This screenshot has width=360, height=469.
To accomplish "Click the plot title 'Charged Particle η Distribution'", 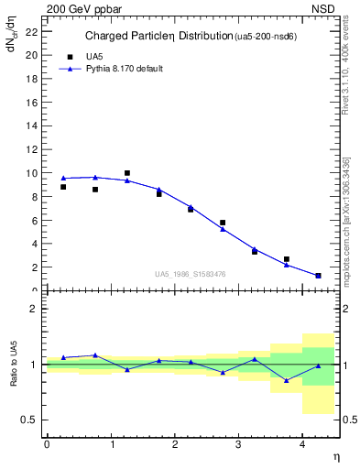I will click(x=158, y=37).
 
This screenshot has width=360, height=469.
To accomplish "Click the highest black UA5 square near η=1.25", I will click(x=127, y=173).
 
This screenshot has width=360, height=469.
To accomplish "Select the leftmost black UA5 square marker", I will click(x=63, y=187).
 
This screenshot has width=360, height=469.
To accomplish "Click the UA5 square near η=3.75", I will click(x=287, y=259).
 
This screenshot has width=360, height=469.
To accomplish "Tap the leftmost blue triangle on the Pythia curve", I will click(x=63, y=178).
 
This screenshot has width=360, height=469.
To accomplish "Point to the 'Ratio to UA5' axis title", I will click(x=15, y=365).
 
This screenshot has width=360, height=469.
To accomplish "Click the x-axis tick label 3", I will click(x=238, y=444).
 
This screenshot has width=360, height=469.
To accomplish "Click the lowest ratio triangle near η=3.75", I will click(x=287, y=380).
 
